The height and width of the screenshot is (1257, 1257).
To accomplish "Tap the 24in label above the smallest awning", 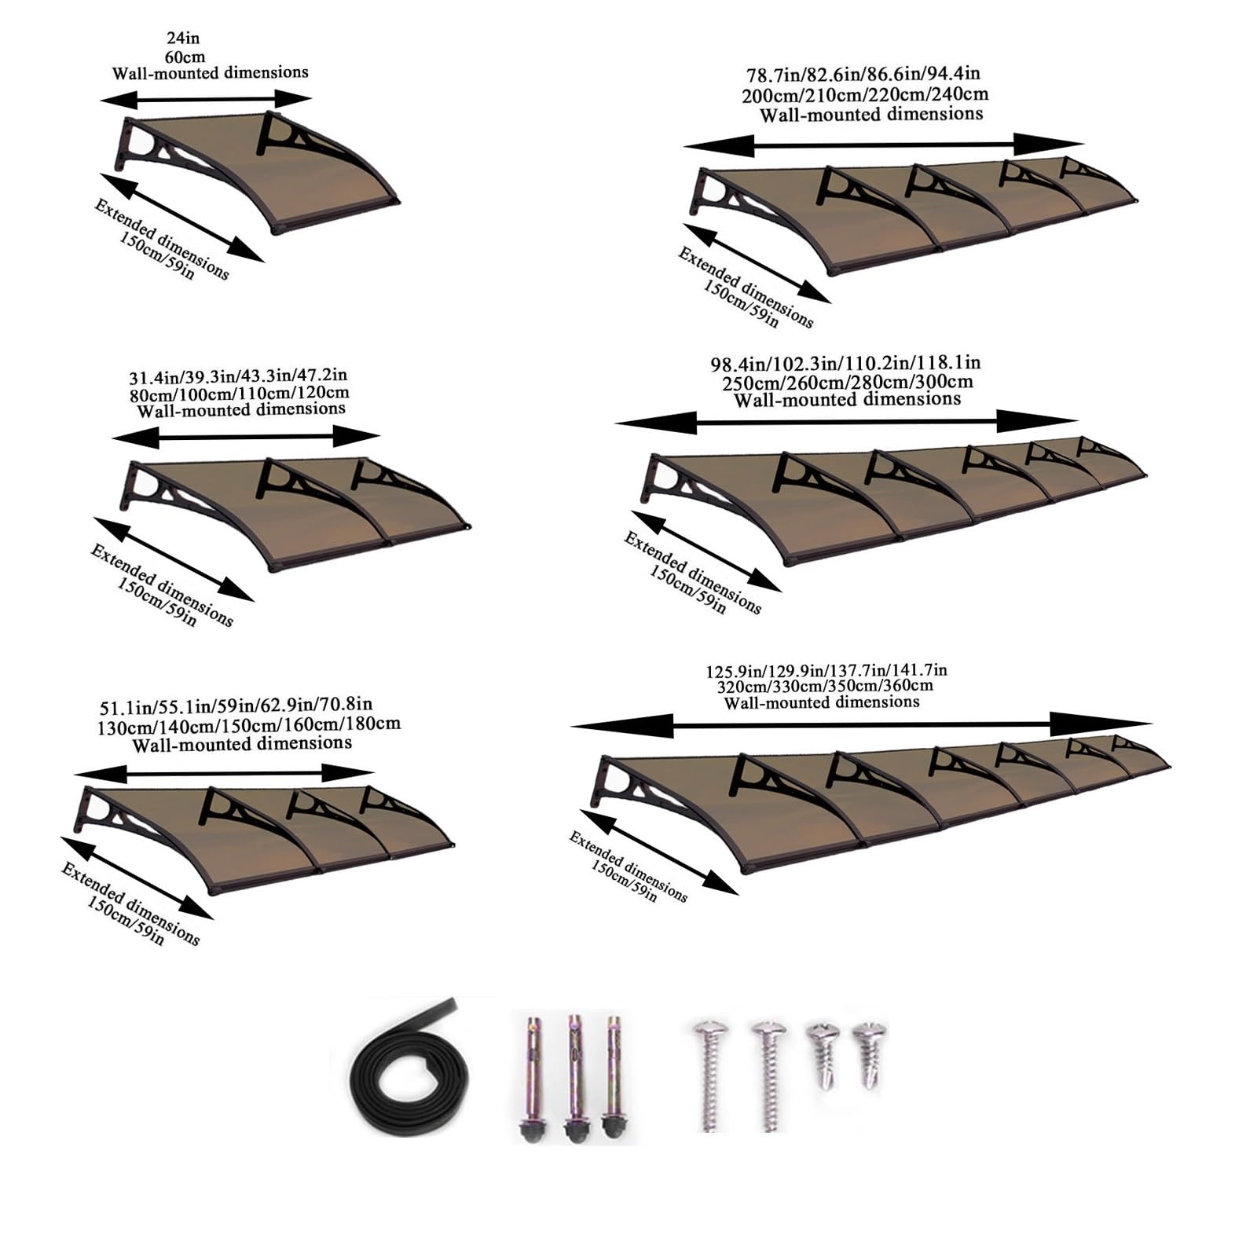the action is [183, 38].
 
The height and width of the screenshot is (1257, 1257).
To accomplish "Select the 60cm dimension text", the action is [185, 57].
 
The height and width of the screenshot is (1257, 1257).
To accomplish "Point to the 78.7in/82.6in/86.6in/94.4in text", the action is [863, 75].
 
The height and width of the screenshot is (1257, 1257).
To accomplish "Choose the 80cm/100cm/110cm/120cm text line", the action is [240, 393].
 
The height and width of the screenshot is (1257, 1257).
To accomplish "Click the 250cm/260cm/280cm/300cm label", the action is [848, 383].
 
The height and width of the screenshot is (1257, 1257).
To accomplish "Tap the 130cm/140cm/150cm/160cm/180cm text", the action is [248, 724].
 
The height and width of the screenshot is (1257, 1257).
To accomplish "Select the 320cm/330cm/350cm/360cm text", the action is [825, 686].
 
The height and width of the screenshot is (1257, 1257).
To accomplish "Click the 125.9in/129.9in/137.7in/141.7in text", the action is [826, 671].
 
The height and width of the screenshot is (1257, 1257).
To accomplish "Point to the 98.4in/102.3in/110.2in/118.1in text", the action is [845, 364].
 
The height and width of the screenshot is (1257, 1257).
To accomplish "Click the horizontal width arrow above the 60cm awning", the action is [206, 99].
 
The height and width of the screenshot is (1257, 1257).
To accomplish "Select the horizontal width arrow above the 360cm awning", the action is [861, 724].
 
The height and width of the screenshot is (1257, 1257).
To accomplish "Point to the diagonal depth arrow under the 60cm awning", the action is [182, 218].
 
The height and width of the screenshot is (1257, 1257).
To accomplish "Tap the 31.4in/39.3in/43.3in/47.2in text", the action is [238, 376].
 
